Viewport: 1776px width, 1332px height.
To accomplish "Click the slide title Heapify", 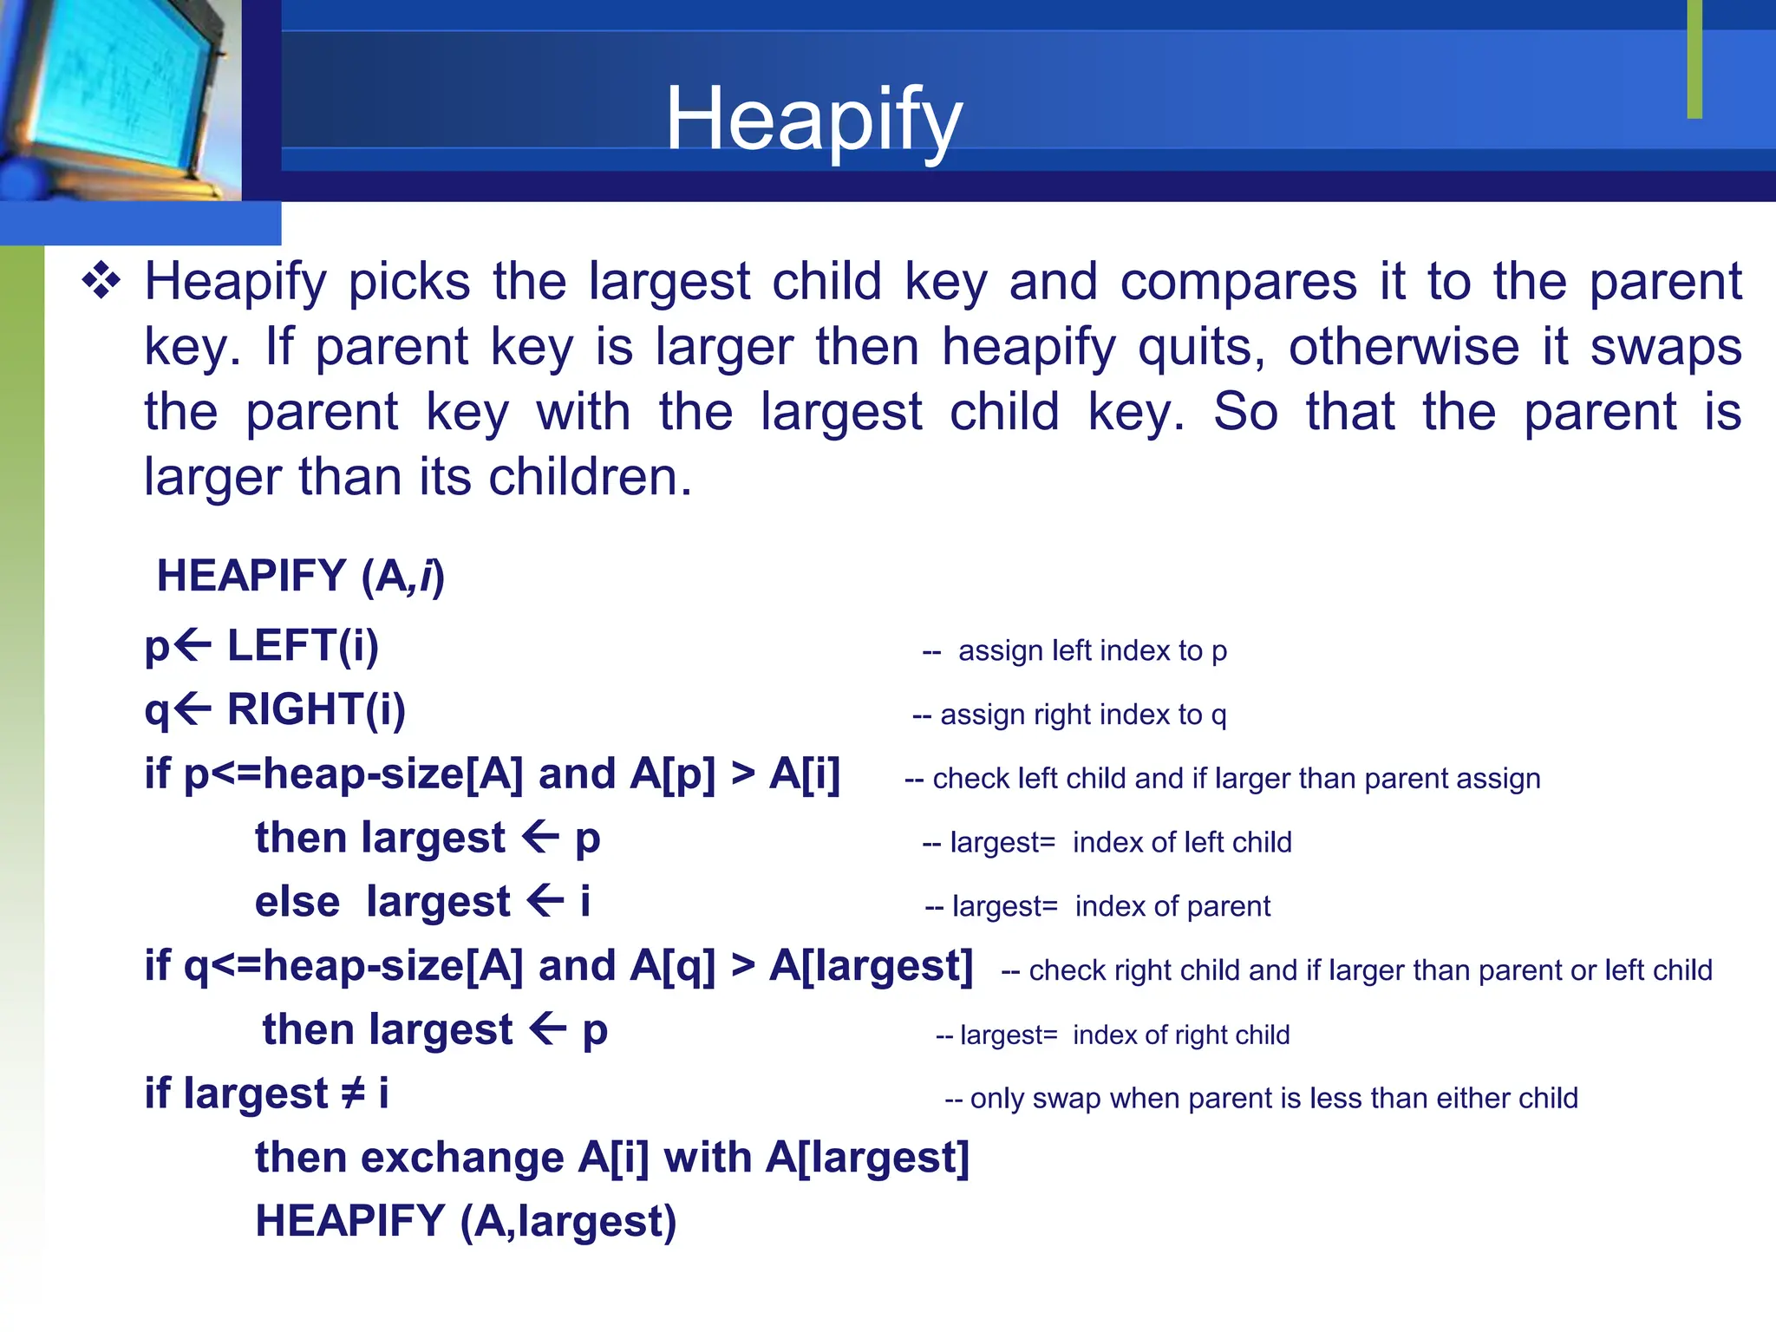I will pos(813,120).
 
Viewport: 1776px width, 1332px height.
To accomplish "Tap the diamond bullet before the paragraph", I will pos(101,282).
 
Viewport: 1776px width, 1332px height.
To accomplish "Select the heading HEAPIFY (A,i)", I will pos(300,577).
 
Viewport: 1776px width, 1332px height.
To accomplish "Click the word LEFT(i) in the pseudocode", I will pos(303,646).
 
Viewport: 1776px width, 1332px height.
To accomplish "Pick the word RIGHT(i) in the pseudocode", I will pos(316,710).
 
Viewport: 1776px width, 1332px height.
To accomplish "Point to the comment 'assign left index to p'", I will pos(1091,650).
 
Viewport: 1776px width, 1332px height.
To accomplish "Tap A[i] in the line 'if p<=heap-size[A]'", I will pos(805,774).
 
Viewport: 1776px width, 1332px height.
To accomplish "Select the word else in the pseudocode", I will pos(297,902).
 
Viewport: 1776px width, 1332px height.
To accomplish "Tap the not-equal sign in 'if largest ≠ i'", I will pos(352,1094).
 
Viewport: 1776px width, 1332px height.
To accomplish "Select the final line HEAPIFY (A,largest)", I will pos(466,1222).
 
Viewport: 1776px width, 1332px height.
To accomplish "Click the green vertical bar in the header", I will pos(1694,59).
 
